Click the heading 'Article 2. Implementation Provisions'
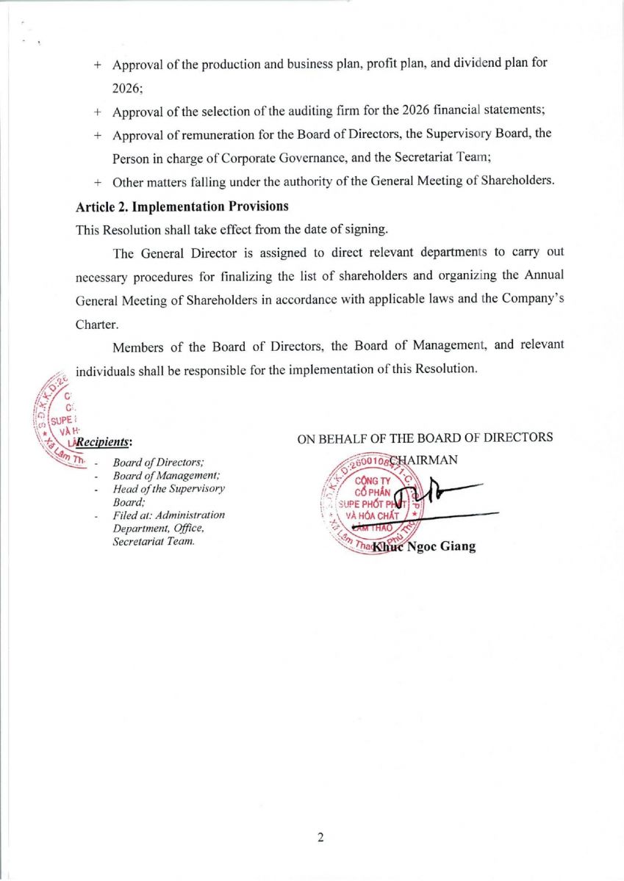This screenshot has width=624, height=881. pos(182,206)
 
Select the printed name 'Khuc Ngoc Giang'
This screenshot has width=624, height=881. pos(424,546)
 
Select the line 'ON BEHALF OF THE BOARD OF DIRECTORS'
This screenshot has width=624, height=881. pos(425,438)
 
